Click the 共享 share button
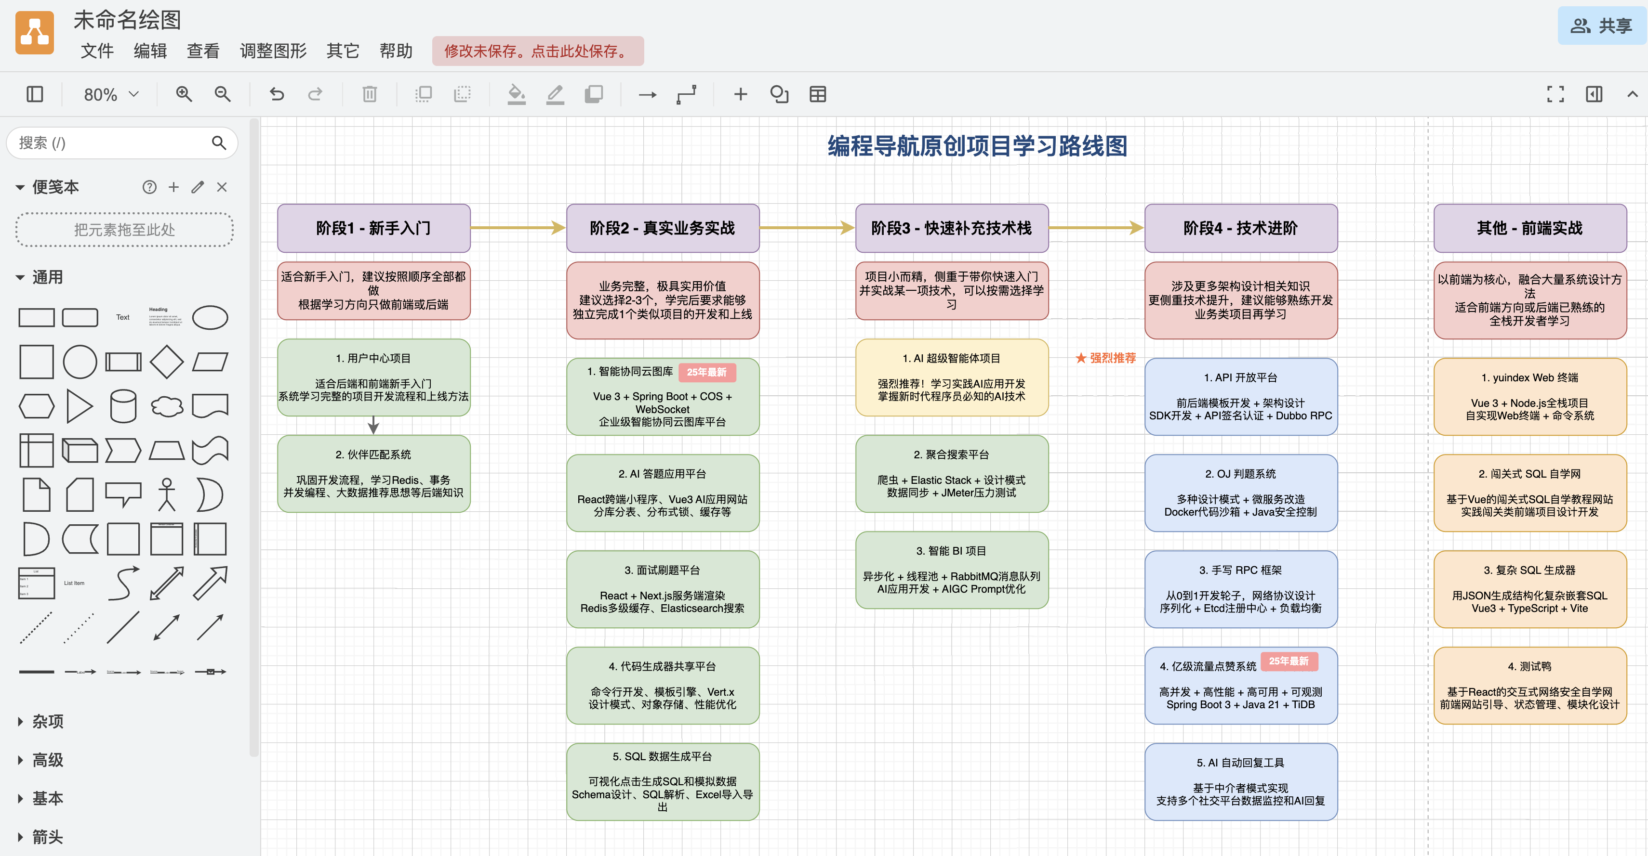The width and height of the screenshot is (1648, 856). coord(1601,26)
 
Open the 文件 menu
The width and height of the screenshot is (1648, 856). coord(96,51)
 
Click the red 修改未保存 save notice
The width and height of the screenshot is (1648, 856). coord(537,51)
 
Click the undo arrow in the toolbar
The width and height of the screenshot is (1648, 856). coord(277,95)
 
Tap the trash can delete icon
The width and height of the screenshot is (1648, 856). coord(369,95)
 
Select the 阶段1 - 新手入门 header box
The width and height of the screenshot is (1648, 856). coord(373,228)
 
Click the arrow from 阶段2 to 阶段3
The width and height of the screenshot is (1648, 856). coord(807,228)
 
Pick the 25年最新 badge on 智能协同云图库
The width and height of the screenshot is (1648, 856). coord(706,372)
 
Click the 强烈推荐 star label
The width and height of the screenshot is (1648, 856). coord(1105,358)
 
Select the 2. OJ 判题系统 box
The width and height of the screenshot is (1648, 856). coord(1240,493)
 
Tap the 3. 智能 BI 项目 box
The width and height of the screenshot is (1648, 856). coord(951,570)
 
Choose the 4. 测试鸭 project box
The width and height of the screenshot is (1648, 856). coord(1529,685)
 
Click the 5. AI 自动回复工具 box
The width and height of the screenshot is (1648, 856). coord(1240,781)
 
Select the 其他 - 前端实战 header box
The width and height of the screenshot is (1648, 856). coord(1529,228)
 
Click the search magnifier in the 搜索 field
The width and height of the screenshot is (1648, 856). coord(219,143)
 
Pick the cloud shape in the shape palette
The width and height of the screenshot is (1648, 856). coord(166,406)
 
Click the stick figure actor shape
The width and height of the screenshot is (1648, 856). coord(166,494)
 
